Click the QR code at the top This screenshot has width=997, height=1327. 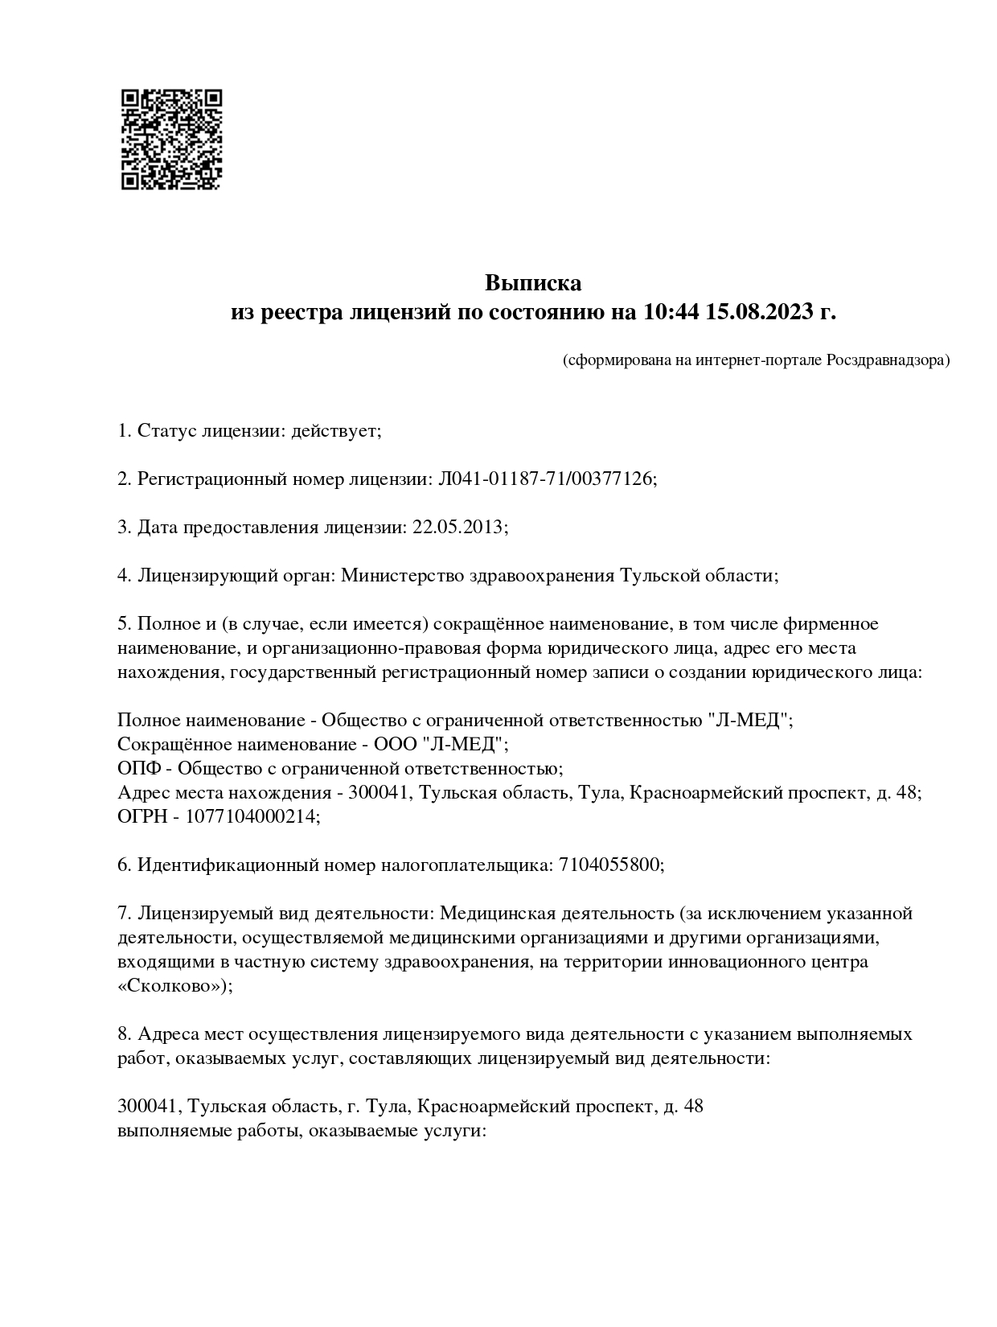click(x=171, y=139)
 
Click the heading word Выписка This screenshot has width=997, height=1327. click(x=532, y=284)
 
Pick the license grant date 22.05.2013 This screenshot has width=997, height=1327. click(x=457, y=528)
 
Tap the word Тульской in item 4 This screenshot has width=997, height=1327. click(x=657, y=576)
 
